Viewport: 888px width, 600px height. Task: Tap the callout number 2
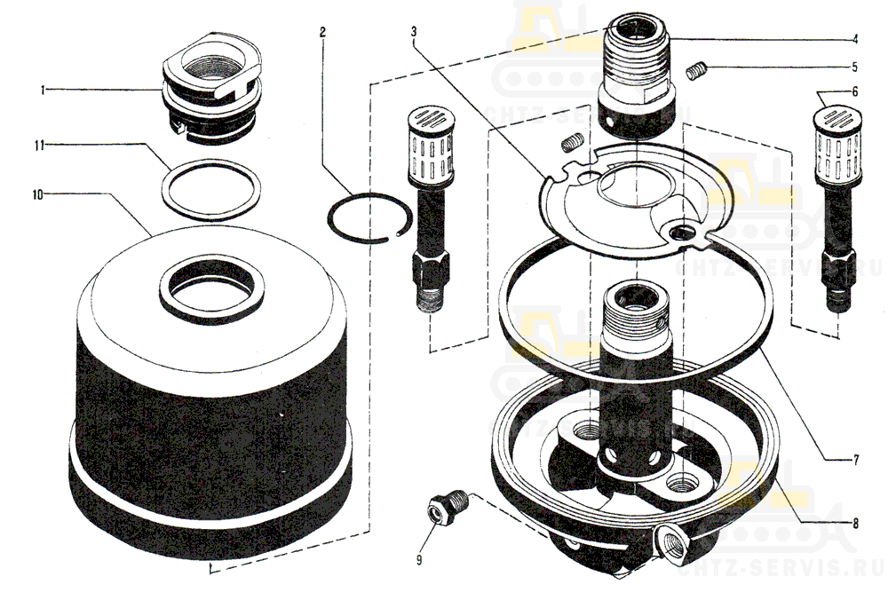[322, 33]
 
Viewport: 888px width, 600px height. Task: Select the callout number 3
[415, 33]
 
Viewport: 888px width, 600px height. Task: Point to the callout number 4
[854, 38]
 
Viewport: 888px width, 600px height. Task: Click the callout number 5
[854, 67]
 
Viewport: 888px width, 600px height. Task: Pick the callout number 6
[854, 91]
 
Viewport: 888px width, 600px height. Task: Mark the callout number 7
[854, 460]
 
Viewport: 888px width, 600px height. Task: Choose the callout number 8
[854, 524]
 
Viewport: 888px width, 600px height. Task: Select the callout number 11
[40, 143]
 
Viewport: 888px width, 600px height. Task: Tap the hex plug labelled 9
[440, 507]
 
